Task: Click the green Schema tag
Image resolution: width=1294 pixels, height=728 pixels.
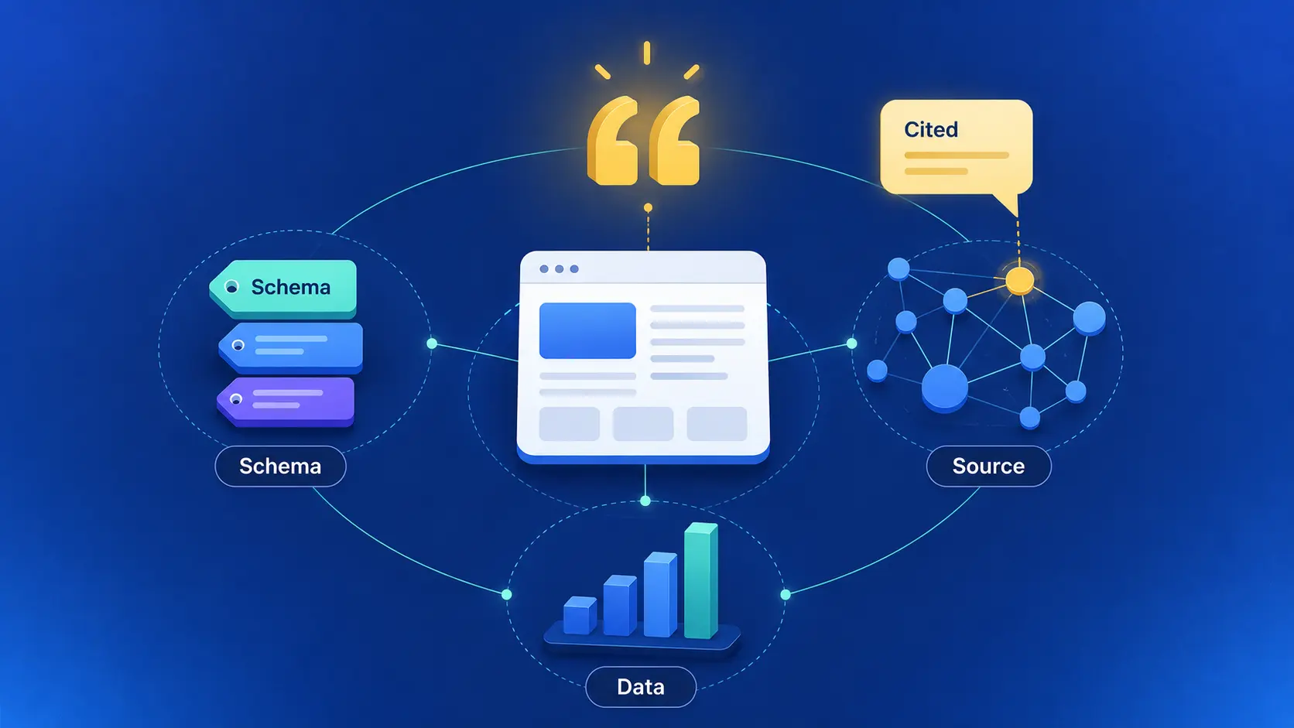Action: click(x=283, y=289)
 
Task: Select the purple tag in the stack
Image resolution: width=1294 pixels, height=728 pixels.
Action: click(x=286, y=402)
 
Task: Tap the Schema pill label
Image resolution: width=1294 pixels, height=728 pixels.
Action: click(x=280, y=467)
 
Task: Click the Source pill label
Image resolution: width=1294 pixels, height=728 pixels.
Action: click(x=988, y=467)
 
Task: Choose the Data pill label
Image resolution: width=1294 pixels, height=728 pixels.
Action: click(x=641, y=687)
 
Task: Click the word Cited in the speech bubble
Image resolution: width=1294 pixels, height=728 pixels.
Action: click(x=930, y=129)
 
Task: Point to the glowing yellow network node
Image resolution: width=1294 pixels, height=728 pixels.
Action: click(x=1019, y=281)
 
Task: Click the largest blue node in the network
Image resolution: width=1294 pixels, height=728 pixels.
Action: click(x=944, y=388)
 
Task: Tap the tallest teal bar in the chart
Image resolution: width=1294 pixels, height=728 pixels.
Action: click(x=700, y=580)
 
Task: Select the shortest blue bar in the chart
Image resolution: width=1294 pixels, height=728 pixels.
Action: click(x=580, y=615)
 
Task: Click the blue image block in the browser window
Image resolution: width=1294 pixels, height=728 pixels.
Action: click(x=587, y=331)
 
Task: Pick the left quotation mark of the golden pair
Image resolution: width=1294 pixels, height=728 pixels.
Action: click(x=612, y=141)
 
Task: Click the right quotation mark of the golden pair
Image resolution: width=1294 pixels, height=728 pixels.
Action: click(x=674, y=141)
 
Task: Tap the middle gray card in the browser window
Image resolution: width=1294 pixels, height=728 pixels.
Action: click(x=643, y=424)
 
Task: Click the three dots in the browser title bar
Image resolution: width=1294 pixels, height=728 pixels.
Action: click(x=559, y=269)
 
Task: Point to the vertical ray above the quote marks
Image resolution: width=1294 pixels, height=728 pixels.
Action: click(x=647, y=53)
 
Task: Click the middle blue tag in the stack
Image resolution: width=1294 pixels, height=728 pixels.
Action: click(x=290, y=347)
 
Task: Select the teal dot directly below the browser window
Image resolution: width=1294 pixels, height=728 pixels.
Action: click(x=645, y=501)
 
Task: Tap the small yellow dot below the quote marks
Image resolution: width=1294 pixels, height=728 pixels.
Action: click(x=648, y=207)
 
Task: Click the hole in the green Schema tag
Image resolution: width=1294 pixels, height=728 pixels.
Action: click(x=231, y=287)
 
